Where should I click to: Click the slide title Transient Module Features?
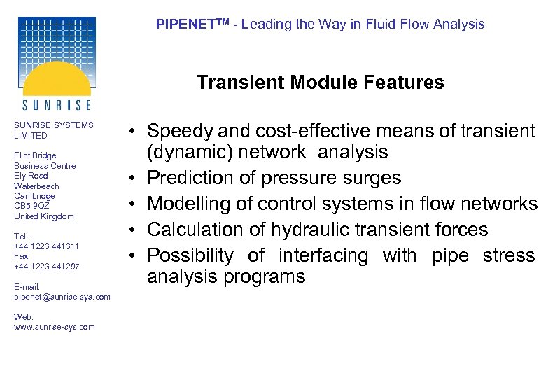click(320, 83)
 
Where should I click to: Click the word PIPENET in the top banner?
click(183, 24)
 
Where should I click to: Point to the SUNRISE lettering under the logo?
click(57, 105)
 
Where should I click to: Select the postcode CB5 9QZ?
click(31, 206)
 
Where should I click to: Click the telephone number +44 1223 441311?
click(46, 246)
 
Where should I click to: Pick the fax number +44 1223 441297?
click(46, 267)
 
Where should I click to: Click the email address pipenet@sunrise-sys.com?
click(62, 297)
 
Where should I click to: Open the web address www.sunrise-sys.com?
click(54, 327)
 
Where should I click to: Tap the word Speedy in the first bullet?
click(180, 131)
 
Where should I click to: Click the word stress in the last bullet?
click(509, 255)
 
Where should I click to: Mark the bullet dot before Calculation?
click(132, 230)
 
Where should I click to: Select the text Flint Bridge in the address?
click(35, 155)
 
